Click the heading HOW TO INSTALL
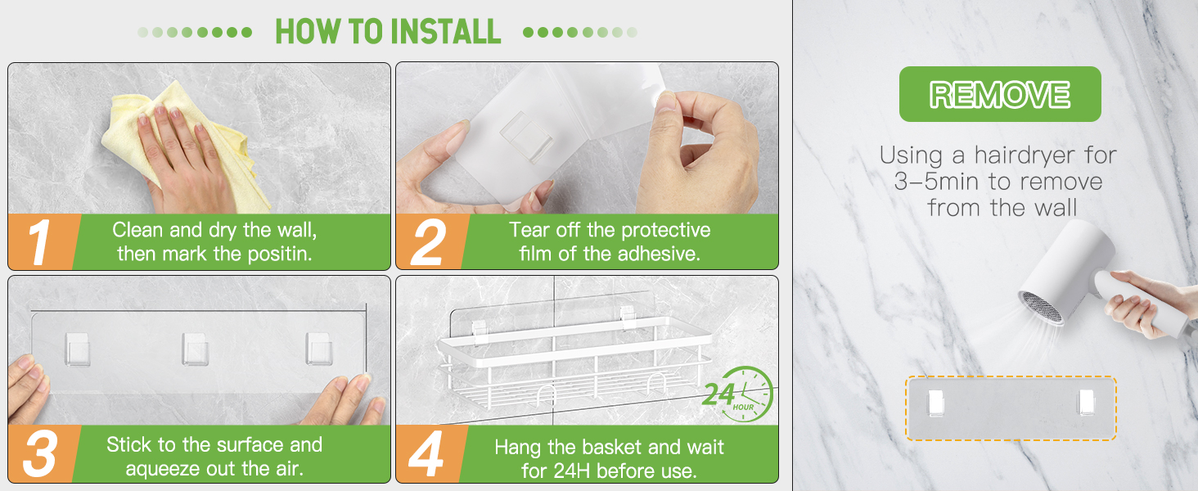click(x=388, y=32)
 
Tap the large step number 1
click(x=39, y=242)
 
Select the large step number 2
click(x=429, y=242)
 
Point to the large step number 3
click(x=39, y=453)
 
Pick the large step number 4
click(x=426, y=453)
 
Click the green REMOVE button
click(x=1000, y=94)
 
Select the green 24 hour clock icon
click(x=738, y=394)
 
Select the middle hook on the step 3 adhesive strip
click(x=196, y=349)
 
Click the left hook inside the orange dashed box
click(x=936, y=403)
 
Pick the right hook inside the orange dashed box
click(x=1086, y=403)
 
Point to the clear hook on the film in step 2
click(x=527, y=137)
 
